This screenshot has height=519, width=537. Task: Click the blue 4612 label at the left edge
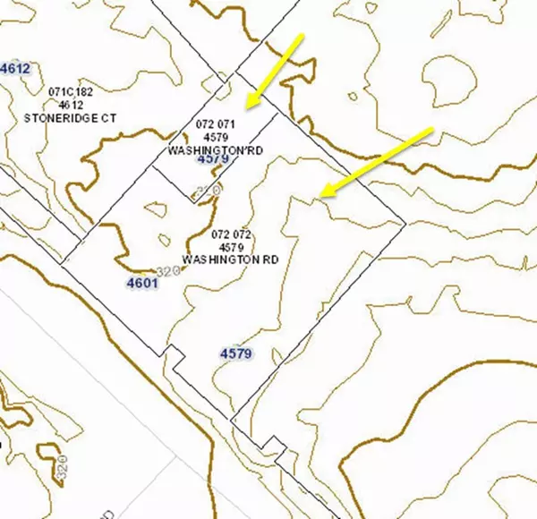(15, 68)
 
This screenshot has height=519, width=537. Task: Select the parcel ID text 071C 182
(71, 91)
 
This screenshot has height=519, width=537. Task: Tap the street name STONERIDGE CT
(71, 117)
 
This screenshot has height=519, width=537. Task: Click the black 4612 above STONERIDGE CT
(71, 104)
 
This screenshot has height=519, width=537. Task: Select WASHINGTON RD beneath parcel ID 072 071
(216, 150)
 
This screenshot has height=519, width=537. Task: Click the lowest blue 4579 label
(235, 353)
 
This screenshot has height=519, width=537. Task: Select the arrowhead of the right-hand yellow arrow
(324, 194)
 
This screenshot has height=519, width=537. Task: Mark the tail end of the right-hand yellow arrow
(431, 130)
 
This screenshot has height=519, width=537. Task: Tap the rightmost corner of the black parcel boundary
(404, 222)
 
